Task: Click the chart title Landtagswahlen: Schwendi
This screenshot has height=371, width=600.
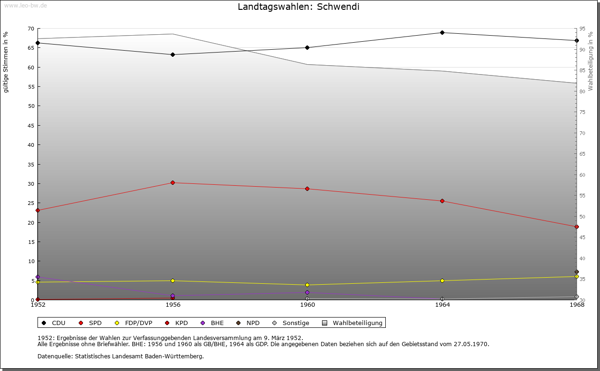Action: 299,7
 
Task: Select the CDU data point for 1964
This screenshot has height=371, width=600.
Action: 442,32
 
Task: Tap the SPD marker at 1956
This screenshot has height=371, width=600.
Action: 172,182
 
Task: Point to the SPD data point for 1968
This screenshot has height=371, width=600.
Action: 577,227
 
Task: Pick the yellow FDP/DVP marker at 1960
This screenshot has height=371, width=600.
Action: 307,285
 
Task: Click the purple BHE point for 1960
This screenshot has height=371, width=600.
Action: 307,292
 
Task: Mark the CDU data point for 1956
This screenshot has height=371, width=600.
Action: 172,54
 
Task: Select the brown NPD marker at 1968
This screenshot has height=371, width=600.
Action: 577,272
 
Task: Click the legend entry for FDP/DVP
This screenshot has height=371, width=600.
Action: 138,323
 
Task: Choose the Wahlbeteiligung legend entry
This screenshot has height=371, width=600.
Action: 357,323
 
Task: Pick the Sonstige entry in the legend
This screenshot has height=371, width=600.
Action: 295,323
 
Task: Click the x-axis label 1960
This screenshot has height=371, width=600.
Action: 307,305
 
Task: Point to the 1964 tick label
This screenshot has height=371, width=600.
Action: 442,305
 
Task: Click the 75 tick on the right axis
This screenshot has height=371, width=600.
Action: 582,112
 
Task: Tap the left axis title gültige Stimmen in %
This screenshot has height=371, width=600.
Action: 6,62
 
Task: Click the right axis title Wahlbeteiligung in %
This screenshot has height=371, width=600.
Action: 591,61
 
